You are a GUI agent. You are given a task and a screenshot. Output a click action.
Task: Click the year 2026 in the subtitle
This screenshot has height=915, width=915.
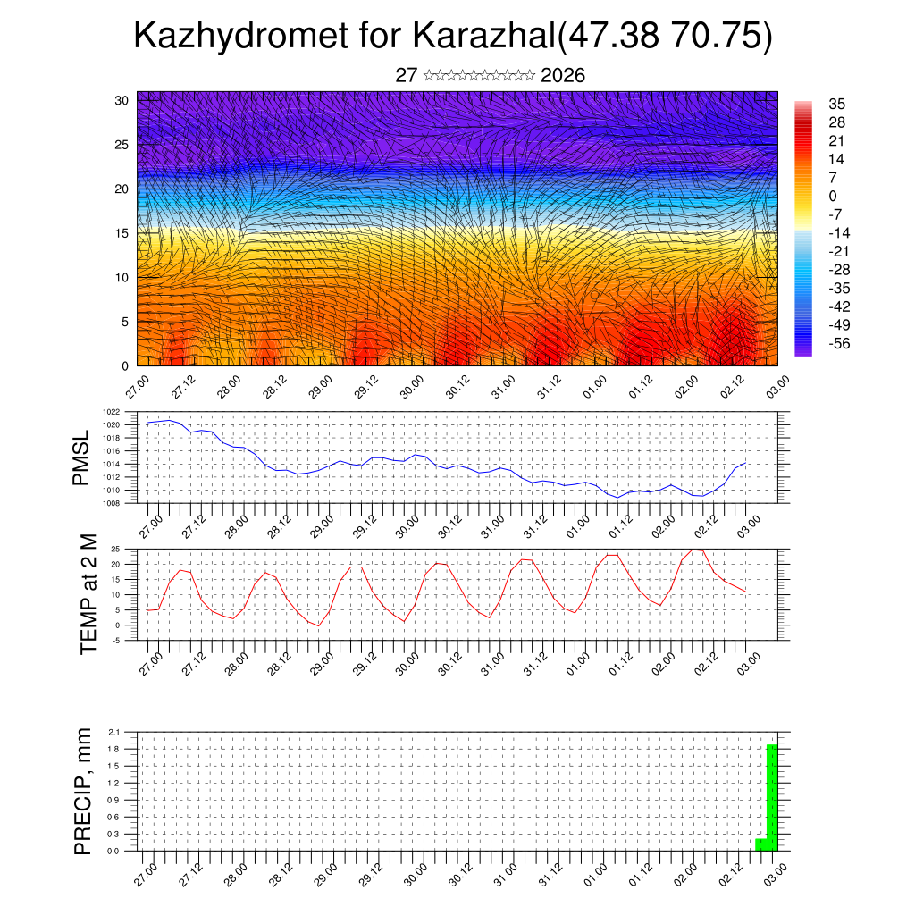click(563, 76)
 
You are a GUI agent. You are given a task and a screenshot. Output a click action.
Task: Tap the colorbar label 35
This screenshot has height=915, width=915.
click(837, 104)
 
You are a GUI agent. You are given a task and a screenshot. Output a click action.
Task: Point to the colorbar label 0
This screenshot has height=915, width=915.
click(834, 196)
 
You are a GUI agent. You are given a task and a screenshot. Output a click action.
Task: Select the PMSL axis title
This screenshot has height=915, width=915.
click(81, 457)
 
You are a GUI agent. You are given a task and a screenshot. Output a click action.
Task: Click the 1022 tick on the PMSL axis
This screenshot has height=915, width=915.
click(125, 412)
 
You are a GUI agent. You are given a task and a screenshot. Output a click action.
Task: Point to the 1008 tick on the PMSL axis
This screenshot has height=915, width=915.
click(125, 503)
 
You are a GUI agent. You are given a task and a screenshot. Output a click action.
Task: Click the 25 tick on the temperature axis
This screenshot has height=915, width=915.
click(129, 549)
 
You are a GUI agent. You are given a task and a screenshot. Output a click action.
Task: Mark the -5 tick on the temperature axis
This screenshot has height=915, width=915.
click(129, 640)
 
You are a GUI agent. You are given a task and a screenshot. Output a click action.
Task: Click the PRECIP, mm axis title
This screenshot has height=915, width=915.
click(83, 790)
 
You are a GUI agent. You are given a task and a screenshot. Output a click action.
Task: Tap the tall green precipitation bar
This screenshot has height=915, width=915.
click(772, 797)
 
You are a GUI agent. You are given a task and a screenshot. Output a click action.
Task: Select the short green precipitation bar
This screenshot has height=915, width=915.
click(760, 844)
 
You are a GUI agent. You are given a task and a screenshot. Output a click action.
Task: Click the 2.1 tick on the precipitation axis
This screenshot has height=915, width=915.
click(127, 732)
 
